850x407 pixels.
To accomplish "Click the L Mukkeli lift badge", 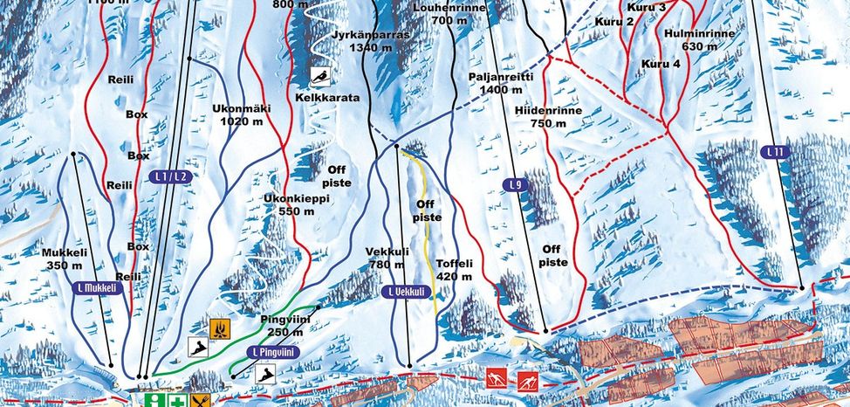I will (96, 286).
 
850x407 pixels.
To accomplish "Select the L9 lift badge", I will (516, 185).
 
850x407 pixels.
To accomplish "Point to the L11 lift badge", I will (773, 152).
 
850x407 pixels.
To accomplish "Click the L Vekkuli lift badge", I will (408, 293).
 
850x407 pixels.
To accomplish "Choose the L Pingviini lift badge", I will (273, 352).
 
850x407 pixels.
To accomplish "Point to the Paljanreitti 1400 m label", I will (500, 83).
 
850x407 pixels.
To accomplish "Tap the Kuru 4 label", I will (661, 64).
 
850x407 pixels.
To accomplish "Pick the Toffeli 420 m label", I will (454, 269).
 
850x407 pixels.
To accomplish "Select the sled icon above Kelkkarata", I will (323, 77).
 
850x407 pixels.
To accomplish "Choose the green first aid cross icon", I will (178, 401).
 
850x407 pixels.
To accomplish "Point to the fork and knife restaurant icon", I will (203, 401).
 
